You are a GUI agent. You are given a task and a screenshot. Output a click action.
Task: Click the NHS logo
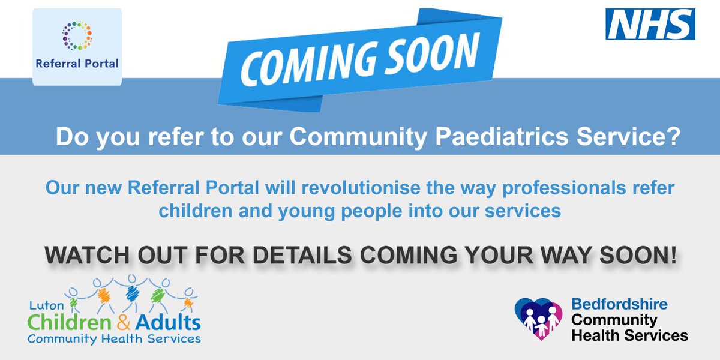click(x=650, y=25)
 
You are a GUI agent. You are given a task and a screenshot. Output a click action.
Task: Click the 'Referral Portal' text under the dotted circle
click(x=77, y=63)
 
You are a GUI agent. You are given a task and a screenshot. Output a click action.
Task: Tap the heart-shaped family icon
click(x=538, y=318)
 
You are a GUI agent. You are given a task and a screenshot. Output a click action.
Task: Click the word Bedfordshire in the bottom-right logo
click(x=619, y=305)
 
